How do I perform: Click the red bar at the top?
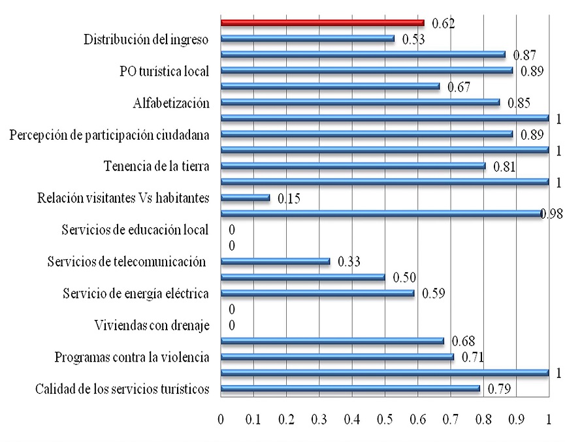(322, 23)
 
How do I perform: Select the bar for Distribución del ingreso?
(307, 39)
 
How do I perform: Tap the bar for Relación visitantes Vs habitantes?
(245, 197)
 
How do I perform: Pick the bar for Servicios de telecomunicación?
(275, 262)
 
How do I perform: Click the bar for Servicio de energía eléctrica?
(317, 294)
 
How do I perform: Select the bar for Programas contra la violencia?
(337, 357)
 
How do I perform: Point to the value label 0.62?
(442, 24)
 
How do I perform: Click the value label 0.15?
(290, 198)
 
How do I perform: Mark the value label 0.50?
(405, 277)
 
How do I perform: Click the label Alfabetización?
(170, 103)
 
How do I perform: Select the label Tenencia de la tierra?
(156, 166)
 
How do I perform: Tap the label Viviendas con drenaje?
(152, 325)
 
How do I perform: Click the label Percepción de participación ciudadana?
(110, 134)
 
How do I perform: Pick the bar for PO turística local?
(367, 71)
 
